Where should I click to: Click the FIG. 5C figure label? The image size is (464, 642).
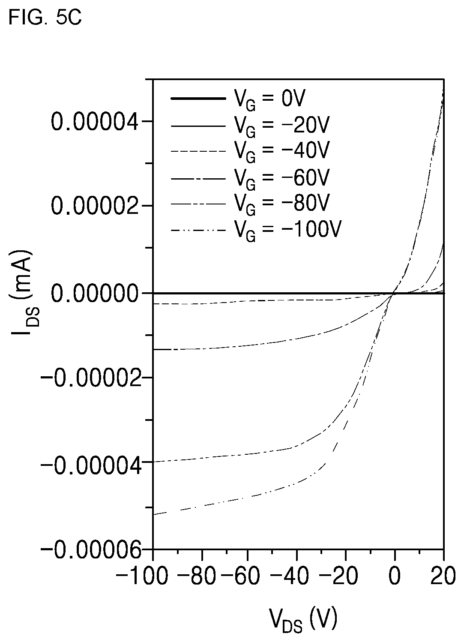click(45, 18)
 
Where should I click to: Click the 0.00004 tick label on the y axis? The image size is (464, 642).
click(96, 122)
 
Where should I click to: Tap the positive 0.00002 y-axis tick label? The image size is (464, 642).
click(96, 206)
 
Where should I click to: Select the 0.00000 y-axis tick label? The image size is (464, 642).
click(96, 294)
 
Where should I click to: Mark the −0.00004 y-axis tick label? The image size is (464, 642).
click(91, 465)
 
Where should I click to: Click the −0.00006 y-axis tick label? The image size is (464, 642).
click(91, 550)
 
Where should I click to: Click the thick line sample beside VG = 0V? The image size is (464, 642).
click(198, 99)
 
